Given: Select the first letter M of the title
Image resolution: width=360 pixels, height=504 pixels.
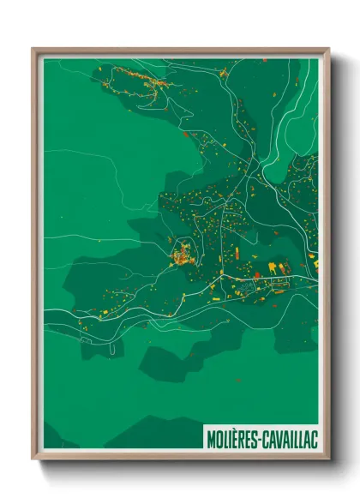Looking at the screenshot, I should coord(210,439).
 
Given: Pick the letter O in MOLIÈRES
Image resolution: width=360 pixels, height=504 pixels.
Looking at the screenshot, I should coord(218,439).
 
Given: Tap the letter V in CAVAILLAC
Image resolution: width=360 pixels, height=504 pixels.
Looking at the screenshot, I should coord(278,439).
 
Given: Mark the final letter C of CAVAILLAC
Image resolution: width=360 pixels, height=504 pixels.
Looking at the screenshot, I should coord(315,439).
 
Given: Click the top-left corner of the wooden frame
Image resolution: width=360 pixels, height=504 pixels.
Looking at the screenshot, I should coord(33,49).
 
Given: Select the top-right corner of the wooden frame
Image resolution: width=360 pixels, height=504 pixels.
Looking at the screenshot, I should coord(327,49).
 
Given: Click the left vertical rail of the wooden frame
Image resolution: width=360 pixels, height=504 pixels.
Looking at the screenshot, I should coord(35,257).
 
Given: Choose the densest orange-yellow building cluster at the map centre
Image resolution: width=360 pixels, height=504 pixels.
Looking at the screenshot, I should coord(182,254).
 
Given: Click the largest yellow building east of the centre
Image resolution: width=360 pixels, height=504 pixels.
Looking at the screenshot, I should coord(273,268).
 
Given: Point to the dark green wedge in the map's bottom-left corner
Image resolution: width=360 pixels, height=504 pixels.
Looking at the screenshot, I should coord(57,437).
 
